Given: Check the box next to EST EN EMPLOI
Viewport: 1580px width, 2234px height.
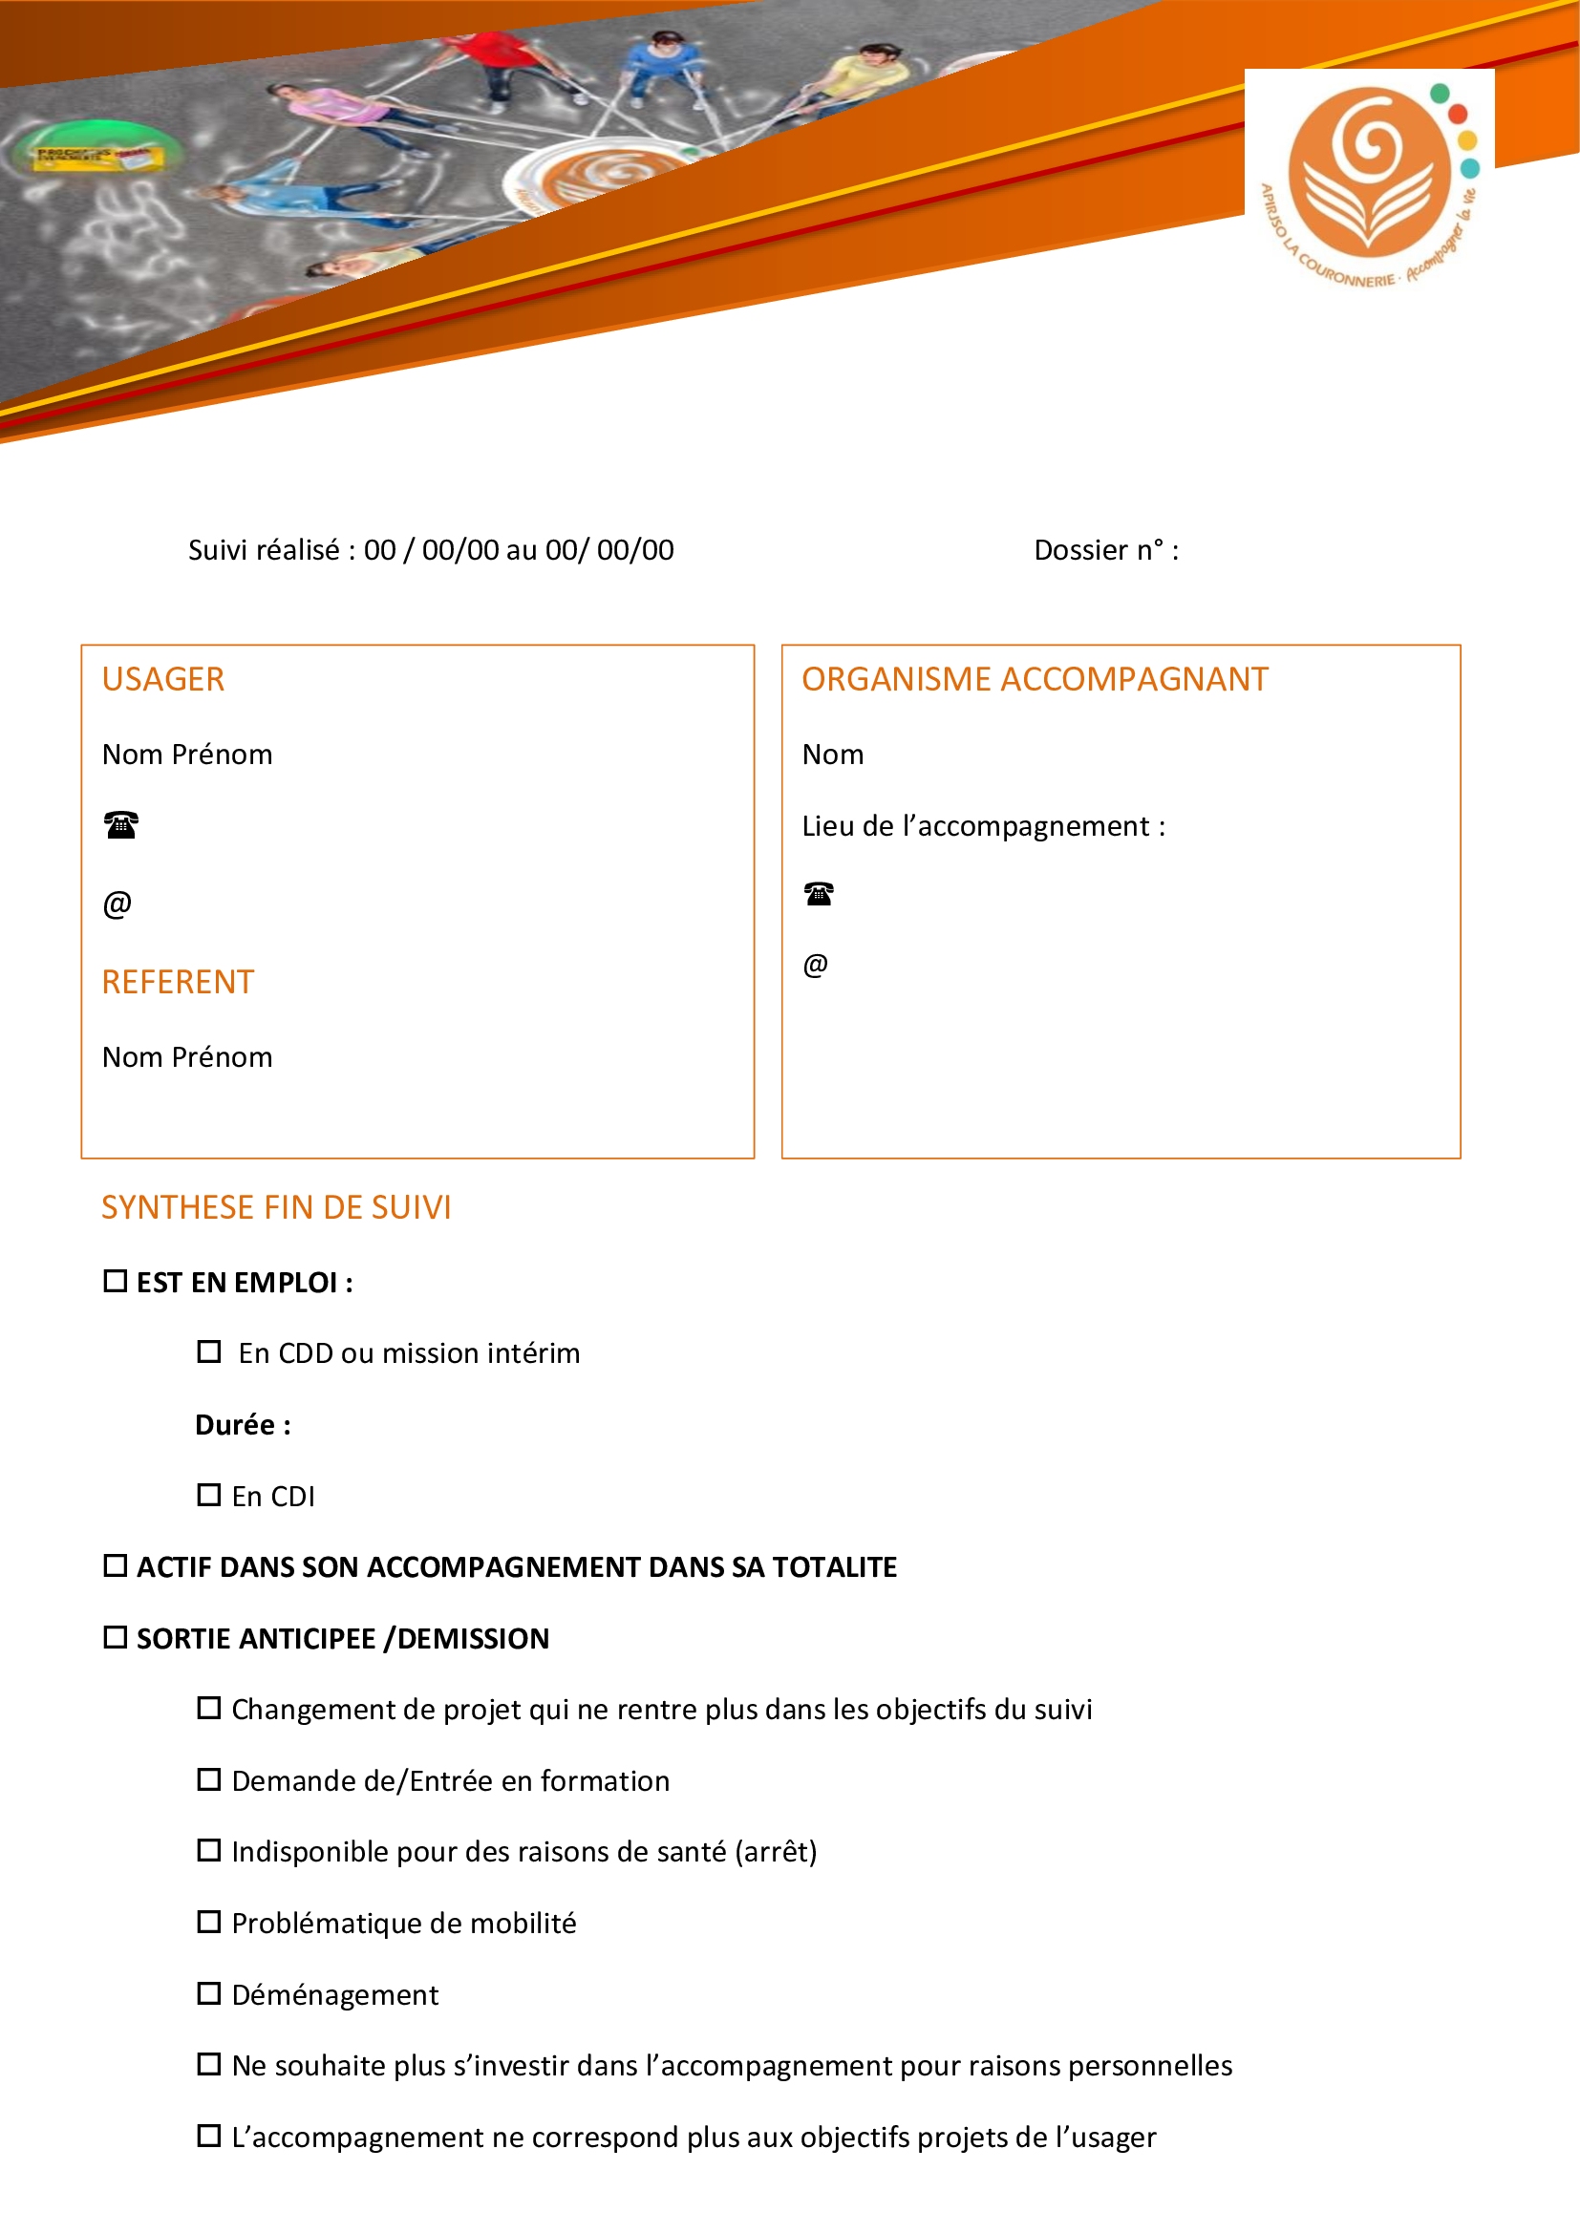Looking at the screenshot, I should click(115, 1282).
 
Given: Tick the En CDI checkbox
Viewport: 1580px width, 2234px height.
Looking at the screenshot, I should click(208, 1495).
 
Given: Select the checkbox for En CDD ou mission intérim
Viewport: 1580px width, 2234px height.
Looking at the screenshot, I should click(208, 1351).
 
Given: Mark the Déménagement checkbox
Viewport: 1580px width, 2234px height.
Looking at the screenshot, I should click(208, 1993).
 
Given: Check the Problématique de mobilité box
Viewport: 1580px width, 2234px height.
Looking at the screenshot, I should click(208, 1922).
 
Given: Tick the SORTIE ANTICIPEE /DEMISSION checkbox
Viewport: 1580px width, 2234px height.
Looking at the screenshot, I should click(115, 1638).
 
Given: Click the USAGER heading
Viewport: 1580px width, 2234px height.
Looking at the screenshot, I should click(163, 679).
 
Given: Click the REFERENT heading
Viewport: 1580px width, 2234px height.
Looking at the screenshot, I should click(178, 982).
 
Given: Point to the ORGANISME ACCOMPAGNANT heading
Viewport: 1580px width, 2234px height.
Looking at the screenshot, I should click(1035, 679).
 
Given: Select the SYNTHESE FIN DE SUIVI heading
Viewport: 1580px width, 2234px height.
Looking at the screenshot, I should click(276, 1207).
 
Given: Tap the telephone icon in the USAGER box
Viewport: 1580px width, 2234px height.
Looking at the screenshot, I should click(120, 825).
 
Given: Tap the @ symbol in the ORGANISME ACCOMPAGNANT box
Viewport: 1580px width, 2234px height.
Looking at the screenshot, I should click(815, 965).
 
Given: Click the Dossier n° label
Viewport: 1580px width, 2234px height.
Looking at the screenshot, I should click(1105, 551).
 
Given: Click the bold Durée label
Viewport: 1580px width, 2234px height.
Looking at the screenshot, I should click(243, 1424).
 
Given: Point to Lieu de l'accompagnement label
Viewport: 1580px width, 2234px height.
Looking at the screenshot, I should click(983, 826).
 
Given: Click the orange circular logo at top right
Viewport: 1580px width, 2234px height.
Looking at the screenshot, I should click(1369, 173).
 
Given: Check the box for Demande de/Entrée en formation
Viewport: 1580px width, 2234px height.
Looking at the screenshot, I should click(208, 1779).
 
